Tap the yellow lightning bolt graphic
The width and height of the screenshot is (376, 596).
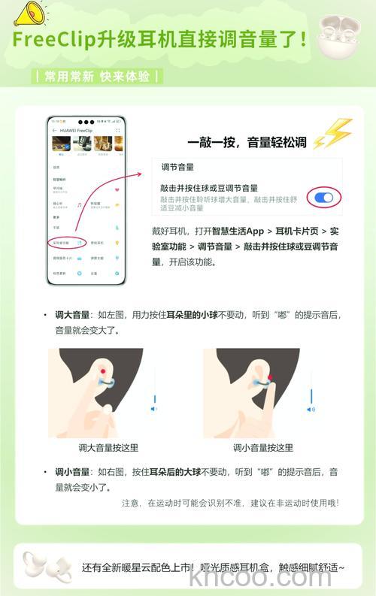tap(332, 135)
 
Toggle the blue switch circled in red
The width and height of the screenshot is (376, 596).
tap(324, 197)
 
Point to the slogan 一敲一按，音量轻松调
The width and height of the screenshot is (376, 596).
tap(247, 141)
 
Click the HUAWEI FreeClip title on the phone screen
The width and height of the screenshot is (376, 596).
tap(74, 130)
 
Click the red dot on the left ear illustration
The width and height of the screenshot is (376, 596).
tap(102, 372)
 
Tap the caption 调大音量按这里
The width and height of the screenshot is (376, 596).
tap(108, 447)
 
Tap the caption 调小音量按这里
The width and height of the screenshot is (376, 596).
tap(263, 447)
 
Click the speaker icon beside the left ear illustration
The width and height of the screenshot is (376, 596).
tap(154, 409)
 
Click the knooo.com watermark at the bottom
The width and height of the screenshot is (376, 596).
tap(260, 578)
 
